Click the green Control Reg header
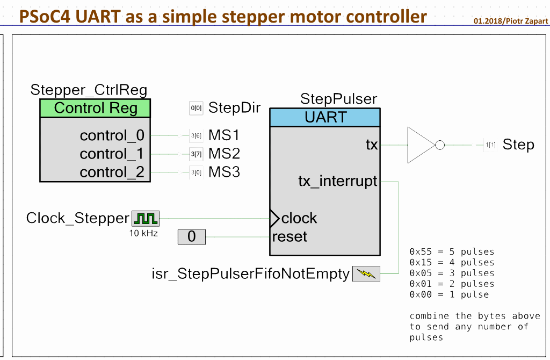pyautogui.click(x=96, y=108)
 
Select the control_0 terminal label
pyautogui.click(x=112, y=135)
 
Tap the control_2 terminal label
pyautogui.click(x=112, y=172)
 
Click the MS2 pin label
pyautogui.click(x=224, y=154)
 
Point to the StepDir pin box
pyautogui.click(x=197, y=108)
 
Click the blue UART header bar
pyautogui.click(x=325, y=117)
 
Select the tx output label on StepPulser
pyautogui.click(x=372, y=144)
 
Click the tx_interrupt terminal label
pyautogui.click(x=338, y=181)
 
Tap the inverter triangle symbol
pyautogui.click(x=421, y=145)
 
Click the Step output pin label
pyautogui.click(x=518, y=145)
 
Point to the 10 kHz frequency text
pyautogui.click(x=143, y=233)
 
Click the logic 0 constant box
pyautogui.click(x=192, y=236)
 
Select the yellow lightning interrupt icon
pyautogui.click(x=366, y=273)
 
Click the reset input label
pyautogui.click(x=290, y=236)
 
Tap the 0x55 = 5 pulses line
pyautogui.click(x=452, y=251)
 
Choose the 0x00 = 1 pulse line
pyautogui.click(x=449, y=294)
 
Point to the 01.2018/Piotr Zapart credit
pyautogui.click(x=511, y=21)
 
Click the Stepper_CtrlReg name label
pyautogui.click(x=89, y=90)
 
